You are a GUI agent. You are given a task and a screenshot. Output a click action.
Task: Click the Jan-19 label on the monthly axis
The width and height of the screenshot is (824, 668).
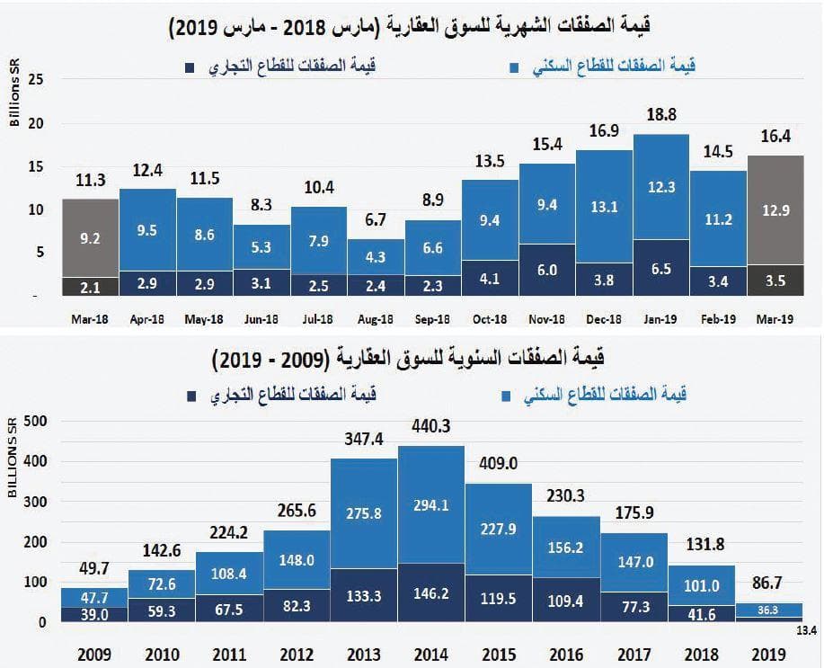point(661,319)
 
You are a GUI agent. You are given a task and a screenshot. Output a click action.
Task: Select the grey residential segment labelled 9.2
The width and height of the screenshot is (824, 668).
point(90,239)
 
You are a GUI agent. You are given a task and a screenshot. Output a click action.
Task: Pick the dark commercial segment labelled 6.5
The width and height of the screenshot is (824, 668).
point(661,267)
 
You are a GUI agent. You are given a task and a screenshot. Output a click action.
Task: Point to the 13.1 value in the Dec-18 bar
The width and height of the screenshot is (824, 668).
point(604,207)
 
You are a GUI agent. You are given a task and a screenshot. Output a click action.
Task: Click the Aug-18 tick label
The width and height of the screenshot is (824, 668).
point(376,319)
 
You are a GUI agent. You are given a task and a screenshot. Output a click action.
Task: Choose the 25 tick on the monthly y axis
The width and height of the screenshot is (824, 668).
point(36,79)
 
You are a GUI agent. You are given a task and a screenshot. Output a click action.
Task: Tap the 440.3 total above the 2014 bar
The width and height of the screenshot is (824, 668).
point(431,427)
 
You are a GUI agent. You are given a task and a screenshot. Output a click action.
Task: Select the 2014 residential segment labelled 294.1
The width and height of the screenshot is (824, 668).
point(431,506)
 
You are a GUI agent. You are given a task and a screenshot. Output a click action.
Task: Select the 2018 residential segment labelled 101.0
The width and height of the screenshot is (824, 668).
point(701,585)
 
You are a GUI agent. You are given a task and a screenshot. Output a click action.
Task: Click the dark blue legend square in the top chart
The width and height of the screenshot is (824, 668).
point(190,68)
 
